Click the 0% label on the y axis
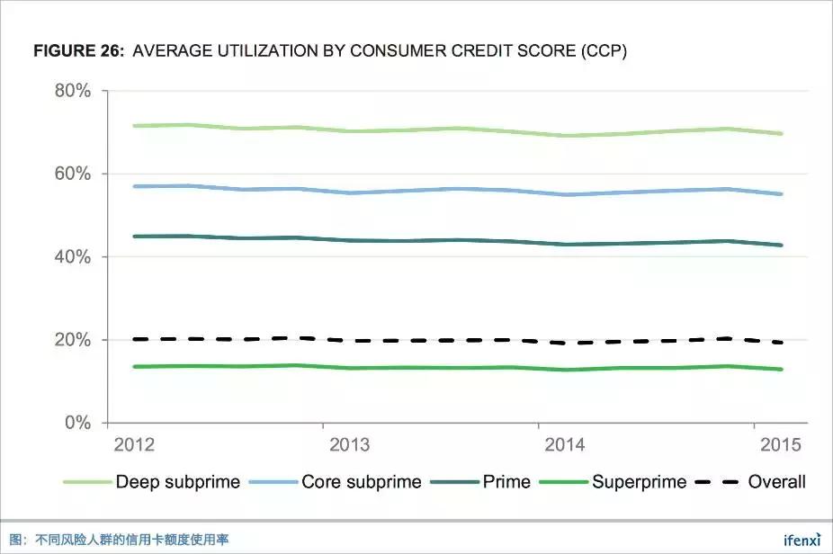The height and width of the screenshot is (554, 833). [77, 423]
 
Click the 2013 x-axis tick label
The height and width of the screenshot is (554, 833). [350, 445]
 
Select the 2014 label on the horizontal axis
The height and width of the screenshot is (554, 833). [565, 445]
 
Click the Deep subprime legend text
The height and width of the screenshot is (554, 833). [177, 482]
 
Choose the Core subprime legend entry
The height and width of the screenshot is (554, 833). [361, 482]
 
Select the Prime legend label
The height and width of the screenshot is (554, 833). [506, 482]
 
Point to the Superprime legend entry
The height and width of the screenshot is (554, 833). [639, 482]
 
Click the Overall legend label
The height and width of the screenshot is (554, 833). [776, 482]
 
